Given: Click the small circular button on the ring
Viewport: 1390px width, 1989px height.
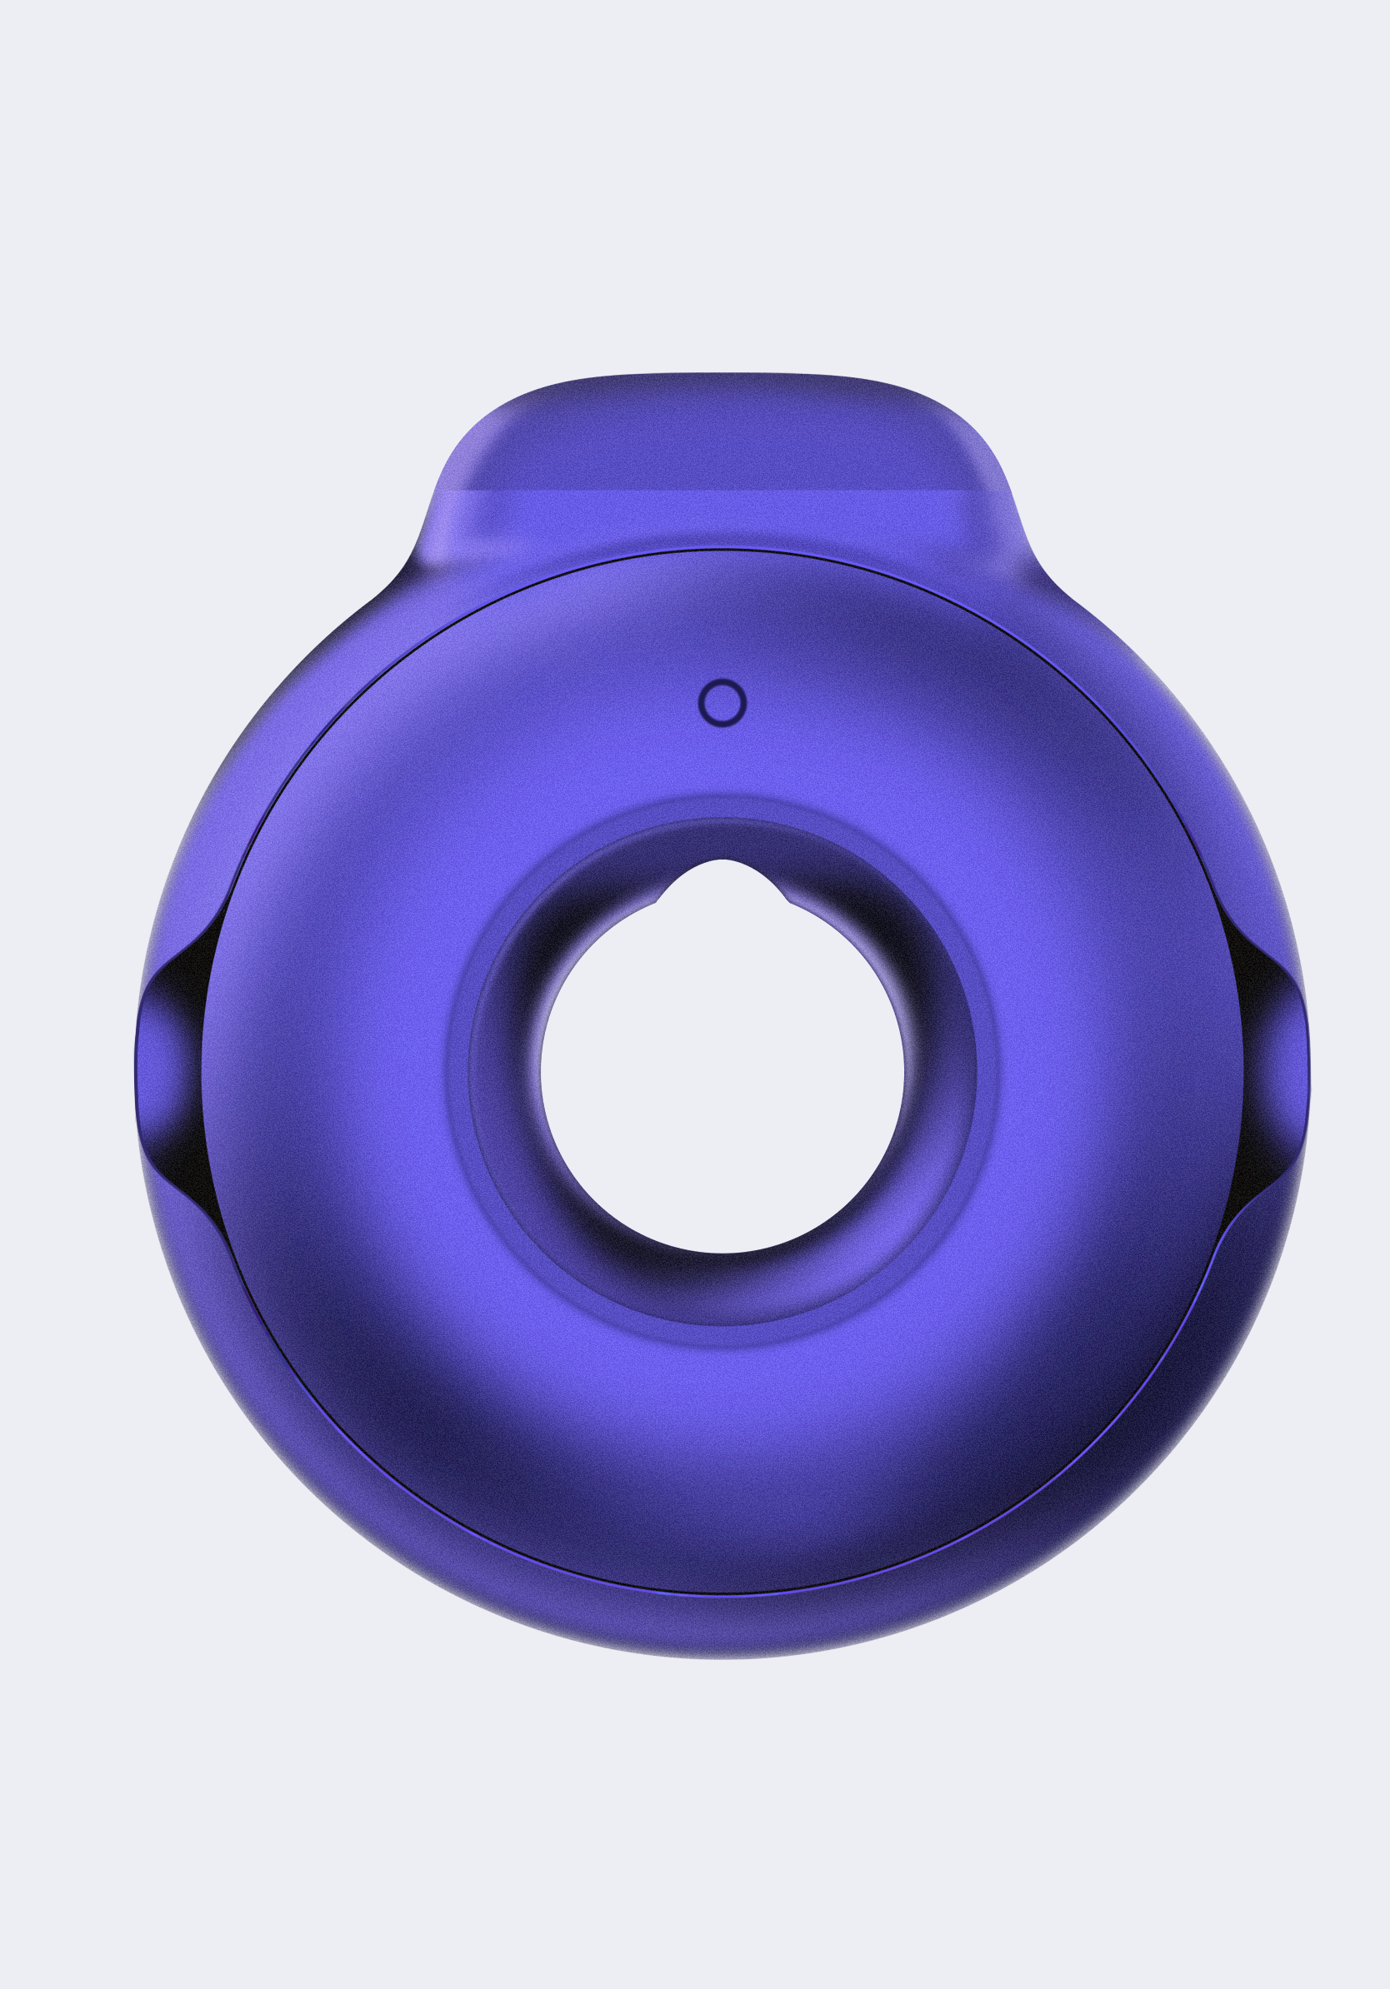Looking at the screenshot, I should click(722, 702).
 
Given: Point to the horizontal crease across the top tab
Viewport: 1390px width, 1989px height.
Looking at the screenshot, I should click(722, 491).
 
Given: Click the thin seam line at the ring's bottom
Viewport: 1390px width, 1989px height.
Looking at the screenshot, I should click(722, 1593).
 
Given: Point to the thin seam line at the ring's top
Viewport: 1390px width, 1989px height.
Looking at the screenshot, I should click(722, 549).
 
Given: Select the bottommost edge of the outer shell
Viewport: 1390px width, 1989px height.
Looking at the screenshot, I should click(722, 1657).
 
